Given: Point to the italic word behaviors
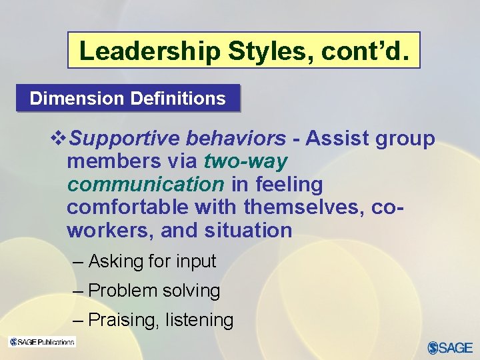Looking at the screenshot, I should (x=236, y=139).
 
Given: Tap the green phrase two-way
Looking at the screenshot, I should (x=245, y=161).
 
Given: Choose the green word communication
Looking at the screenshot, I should (x=145, y=184).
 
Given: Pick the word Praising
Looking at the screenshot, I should (x=123, y=321).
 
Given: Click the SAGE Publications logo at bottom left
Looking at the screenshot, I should (x=42, y=342).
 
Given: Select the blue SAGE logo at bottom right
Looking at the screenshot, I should (x=449, y=347).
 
